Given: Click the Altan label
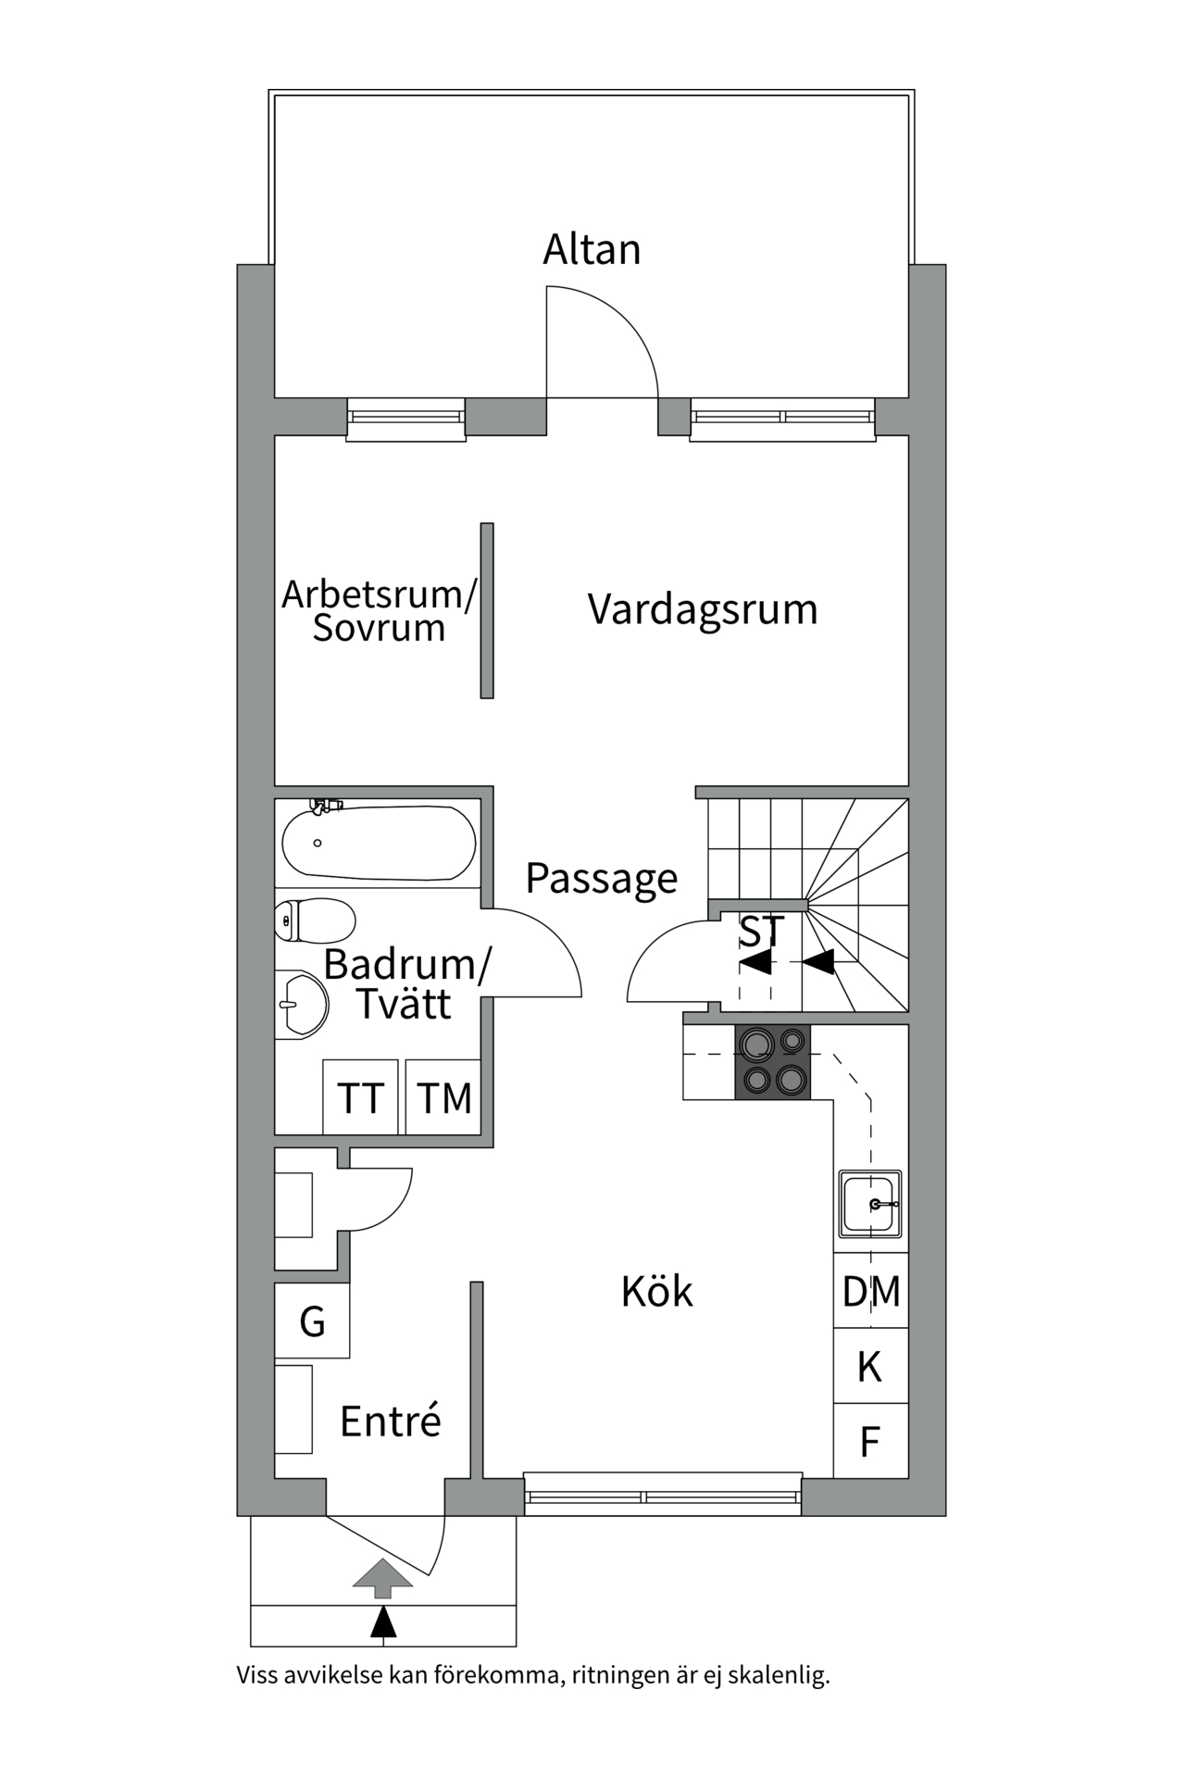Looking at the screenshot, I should click(592, 250).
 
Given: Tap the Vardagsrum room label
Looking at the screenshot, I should click(703, 610).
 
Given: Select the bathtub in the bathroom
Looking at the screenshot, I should click(379, 843).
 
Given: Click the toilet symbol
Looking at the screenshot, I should click(316, 920).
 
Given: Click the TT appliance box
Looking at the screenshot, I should click(360, 1098).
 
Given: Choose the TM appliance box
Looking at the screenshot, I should click(443, 1098).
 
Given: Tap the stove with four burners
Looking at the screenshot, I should click(772, 1062).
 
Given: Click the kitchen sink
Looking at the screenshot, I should click(869, 1204).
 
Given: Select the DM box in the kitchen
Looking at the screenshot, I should click(870, 1291).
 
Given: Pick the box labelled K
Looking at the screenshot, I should click(869, 1367).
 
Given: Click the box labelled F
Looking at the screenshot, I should click(869, 1442).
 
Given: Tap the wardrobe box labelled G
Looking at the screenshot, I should click(313, 1321).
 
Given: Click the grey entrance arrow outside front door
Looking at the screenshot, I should click(382, 1577).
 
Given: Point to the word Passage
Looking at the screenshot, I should click(602, 878).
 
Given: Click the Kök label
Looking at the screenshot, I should click(656, 1292).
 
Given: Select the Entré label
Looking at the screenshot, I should click(390, 1421).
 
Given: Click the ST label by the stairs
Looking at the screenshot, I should click(761, 932).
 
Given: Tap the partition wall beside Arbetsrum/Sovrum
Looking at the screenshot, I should click(487, 610).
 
